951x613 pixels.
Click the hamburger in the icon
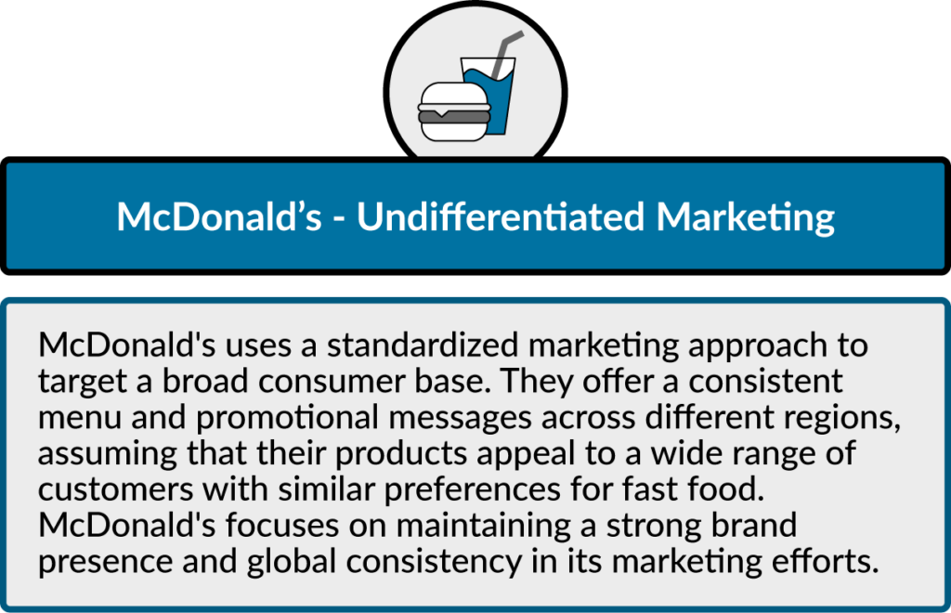pyautogui.click(x=453, y=112)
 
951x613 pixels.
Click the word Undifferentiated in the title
pyautogui.click(x=501, y=216)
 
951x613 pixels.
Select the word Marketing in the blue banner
pyautogui.click(x=746, y=217)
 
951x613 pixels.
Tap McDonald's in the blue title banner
pyautogui.click(x=219, y=216)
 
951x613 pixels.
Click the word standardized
pyautogui.click(x=423, y=345)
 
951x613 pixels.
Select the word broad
pyautogui.click(x=205, y=381)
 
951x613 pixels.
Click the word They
pyautogui.click(x=536, y=382)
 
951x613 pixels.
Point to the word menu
pyautogui.click(x=80, y=418)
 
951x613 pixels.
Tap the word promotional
pyautogui.click(x=287, y=418)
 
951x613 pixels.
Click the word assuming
pyautogui.click(x=108, y=454)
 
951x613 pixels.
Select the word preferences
pyautogui.click(x=473, y=489)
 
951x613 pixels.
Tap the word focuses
pyautogui.click(x=282, y=525)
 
